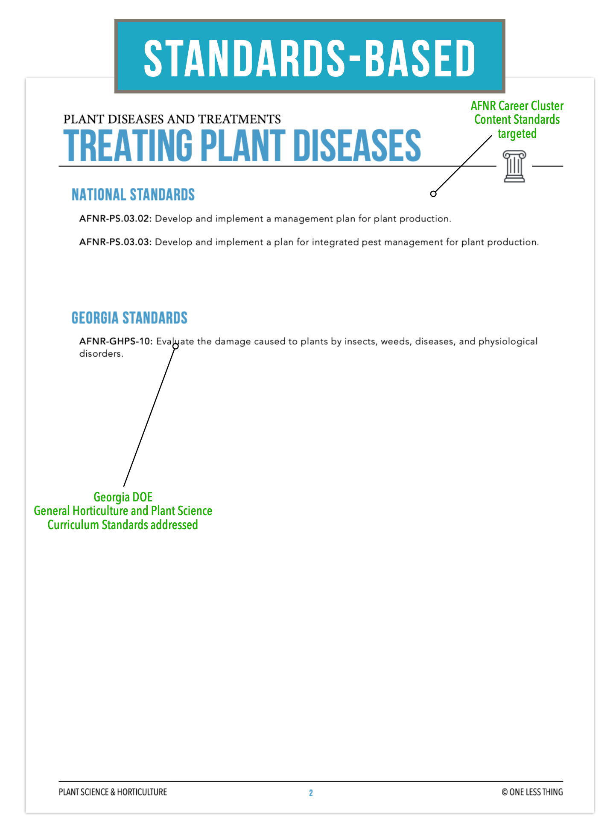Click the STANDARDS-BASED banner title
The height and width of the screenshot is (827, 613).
point(309,58)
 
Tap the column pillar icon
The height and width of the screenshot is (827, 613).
point(514,166)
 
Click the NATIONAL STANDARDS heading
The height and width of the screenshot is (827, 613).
point(133,195)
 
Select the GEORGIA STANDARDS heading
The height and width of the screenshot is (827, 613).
point(129,318)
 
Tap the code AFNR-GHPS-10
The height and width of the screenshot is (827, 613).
point(116,341)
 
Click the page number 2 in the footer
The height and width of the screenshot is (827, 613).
point(311,793)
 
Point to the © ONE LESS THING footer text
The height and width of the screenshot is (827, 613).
point(532,792)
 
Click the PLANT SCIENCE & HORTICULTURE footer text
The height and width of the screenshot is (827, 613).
point(113,792)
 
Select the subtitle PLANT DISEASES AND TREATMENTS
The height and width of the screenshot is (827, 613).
point(172,119)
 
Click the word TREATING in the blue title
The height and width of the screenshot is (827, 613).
point(128,146)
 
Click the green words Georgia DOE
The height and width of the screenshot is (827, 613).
point(123,497)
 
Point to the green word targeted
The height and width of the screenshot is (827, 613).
point(517,134)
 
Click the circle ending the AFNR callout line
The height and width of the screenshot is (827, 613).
point(433,194)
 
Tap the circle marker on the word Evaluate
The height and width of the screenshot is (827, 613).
point(175,346)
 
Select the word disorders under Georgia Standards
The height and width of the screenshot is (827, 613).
point(101,354)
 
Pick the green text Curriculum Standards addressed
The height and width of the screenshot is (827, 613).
point(123,525)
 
